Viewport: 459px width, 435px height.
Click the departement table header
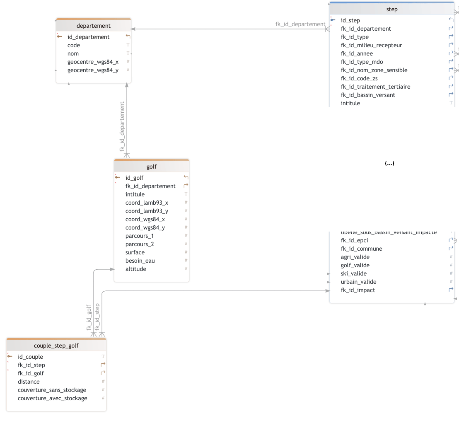(94, 26)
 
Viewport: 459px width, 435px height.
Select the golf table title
(152, 167)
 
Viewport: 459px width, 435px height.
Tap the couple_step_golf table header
(56, 346)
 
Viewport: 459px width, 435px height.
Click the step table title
(391, 9)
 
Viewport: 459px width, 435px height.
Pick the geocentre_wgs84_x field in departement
(93, 62)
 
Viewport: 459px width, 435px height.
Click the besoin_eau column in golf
(140, 261)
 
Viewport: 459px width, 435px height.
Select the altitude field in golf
(136, 269)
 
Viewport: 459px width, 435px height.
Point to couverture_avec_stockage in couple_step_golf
(53, 398)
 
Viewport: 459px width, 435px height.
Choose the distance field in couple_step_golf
(29, 382)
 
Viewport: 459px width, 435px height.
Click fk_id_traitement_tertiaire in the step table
(376, 87)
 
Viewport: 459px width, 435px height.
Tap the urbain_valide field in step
(359, 282)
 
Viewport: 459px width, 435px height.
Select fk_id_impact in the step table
(358, 290)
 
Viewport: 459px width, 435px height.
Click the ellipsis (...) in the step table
(389, 163)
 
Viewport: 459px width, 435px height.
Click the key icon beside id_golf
(118, 177)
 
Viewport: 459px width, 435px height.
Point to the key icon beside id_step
(333, 20)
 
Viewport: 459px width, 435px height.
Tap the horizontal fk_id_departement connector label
(300, 24)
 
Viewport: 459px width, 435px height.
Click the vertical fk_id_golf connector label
(89, 317)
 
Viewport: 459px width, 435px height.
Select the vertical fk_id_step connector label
(97, 317)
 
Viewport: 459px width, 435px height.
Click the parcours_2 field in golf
(140, 244)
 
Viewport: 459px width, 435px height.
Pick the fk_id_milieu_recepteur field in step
(371, 45)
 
